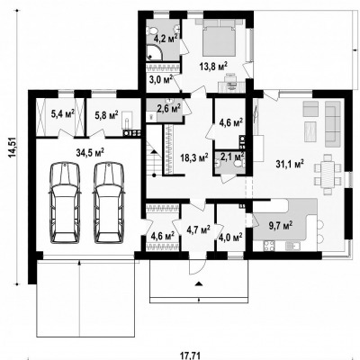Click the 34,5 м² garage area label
click(90, 154)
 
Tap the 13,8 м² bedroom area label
click(213, 66)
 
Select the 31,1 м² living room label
click(290, 164)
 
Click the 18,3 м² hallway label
click(194, 157)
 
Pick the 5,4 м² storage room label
click(63, 114)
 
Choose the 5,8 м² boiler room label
click(106, 114)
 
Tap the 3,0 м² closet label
click(161, 80)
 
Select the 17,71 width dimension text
click(191, 355)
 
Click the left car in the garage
click(66, 203)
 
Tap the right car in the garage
click(109, 203)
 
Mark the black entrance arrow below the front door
click(198, 283)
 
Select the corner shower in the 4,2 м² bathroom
click(156, 53)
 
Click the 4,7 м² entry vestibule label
click(198, 229)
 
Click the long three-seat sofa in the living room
click(333, 123)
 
